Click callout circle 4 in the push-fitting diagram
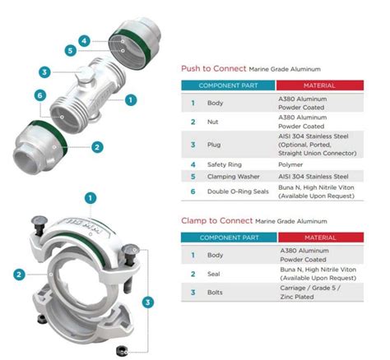click(x=84, y=39)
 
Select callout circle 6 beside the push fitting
click(x=39, y=95)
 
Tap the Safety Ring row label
click(x=224, y=163)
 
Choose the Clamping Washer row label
click(x=230, y=176)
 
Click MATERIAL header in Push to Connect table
click(x=321, y=85)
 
